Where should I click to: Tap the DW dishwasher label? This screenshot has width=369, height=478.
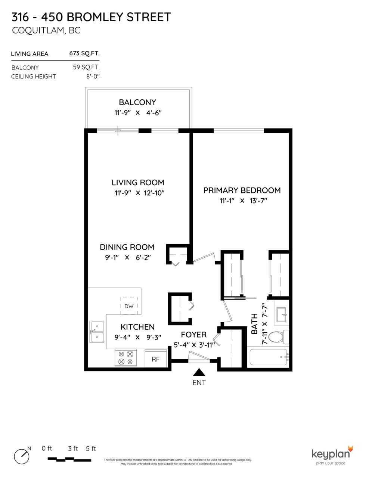pyautogui.click(x=128, y=306)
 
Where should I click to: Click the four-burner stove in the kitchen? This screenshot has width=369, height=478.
pyautogui.click(x=125, y=358)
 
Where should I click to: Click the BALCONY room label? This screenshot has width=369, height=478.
pyautogui.click(x=137, y=102)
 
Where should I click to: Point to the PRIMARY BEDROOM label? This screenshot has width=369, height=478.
pyautogui.click(x=242, y=190)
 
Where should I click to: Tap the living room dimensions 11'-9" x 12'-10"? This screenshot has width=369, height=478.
pyautogui.click(x=139, y=193)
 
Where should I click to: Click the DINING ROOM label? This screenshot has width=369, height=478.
pyautogui.click(x=127, y=247)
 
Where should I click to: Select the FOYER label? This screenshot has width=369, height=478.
pyautogui.click(x=193, y=335)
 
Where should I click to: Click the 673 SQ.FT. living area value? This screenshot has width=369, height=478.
pyautogui.click(x=84, y=53)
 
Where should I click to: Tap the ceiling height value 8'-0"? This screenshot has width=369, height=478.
pyautogui.click(x=93, y=77)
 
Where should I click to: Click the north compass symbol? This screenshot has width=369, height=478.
pyautogui.click(x=22, y=456)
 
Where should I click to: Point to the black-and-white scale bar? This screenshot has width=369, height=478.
pyautogui.click(x=69, y=459)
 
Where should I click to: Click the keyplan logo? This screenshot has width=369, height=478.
pyautogui.click(x=332, y=455)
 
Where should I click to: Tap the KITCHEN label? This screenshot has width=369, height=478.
pyautogui.click(x=137, y=327)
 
